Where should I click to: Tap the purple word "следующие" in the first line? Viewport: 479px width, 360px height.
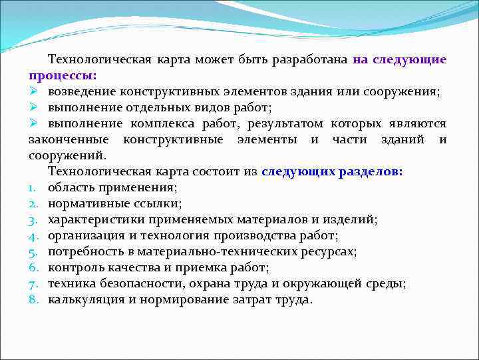pos(409,59)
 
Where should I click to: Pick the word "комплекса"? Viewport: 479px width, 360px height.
pos(164,123)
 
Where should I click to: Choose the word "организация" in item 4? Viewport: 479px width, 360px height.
pos(81,235)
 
